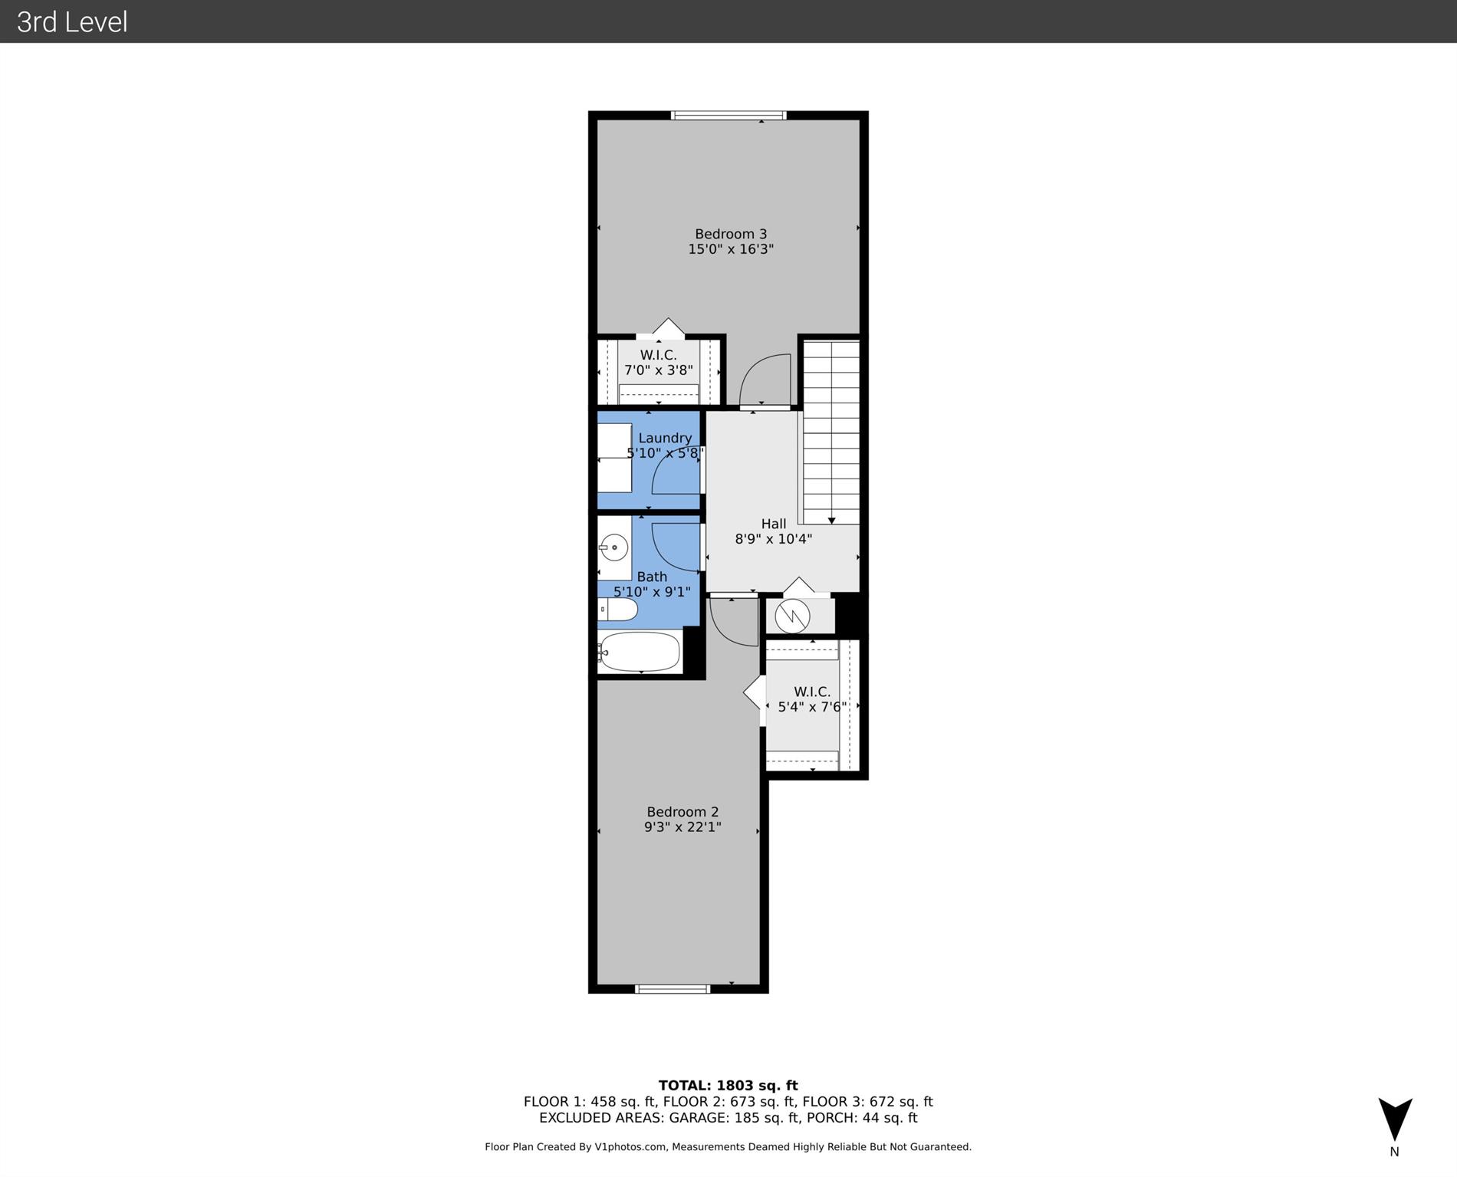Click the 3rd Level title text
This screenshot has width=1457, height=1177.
tap(72, 21)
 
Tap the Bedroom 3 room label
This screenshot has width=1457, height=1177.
tap(730, 234)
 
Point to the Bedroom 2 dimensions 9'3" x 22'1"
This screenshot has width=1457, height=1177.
tap(682, 827)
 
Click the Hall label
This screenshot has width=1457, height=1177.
tap(773, 524)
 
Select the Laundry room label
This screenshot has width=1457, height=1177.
tap(664, 438)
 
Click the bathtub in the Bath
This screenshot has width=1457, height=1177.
tap(640, 652)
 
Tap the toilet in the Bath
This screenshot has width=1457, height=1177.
tap(618, 610)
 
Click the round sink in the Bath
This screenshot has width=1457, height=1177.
tap(613, 547)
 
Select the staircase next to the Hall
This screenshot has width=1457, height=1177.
tap(831, 432)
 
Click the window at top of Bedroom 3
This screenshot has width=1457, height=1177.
tap(728, 116)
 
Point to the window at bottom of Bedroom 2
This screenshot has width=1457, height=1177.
tap(673, 989)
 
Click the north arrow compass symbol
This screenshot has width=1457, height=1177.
tap(1395, 1119)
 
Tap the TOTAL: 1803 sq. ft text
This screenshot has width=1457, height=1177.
tap(728, 1085)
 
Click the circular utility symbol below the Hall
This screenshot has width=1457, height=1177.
tap(792, 616)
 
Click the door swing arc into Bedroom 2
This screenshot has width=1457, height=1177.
tap(732, 621)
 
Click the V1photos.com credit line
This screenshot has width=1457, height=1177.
tap(728, 1147)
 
